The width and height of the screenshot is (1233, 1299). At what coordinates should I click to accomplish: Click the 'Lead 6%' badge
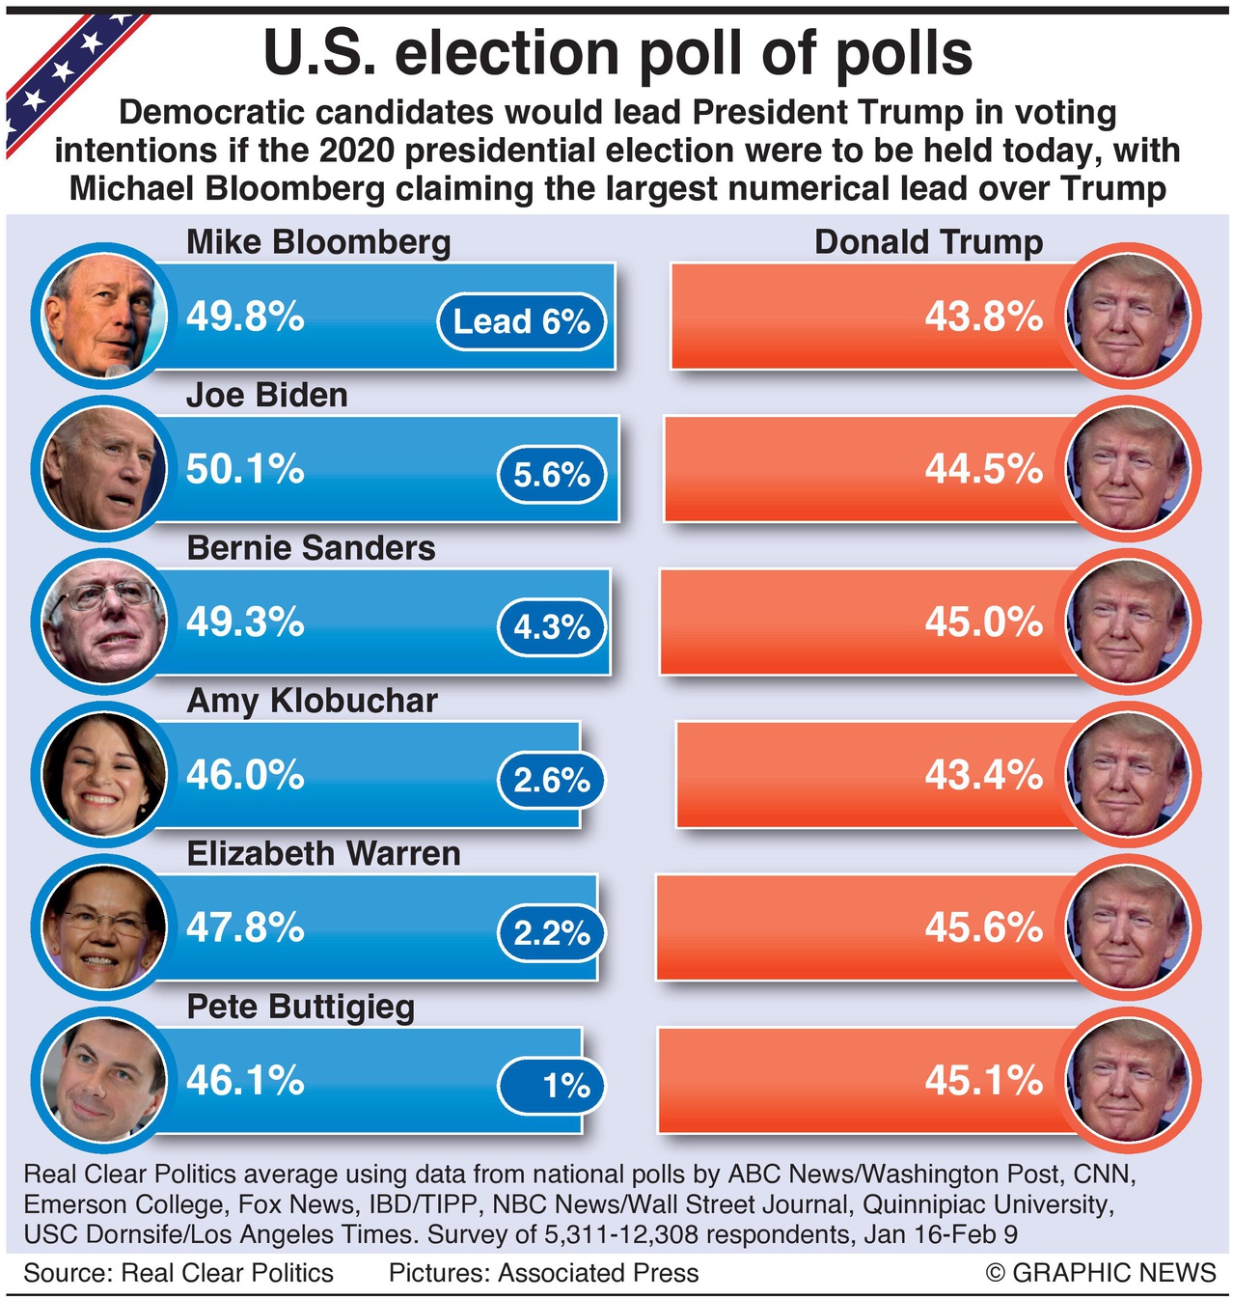[521, 321]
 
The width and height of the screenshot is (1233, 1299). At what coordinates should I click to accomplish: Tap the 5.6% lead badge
[551, 475]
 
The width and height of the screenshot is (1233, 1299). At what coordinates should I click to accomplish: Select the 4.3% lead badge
[551, 627]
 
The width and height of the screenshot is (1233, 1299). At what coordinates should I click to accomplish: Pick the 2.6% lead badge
[551, 780]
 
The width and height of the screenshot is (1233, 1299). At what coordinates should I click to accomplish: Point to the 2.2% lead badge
[551, 933]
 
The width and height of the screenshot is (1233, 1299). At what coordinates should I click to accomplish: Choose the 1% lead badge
[551, 1086]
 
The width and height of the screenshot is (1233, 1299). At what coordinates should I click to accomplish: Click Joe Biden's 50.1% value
[245, 470]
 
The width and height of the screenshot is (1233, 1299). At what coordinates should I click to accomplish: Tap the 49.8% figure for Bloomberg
[245, 317]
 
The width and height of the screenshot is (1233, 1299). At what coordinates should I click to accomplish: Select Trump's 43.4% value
[983, 775]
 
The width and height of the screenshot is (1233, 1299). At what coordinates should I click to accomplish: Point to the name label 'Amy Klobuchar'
[312, 701]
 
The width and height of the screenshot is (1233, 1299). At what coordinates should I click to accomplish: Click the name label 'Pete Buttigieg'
[300, 1007]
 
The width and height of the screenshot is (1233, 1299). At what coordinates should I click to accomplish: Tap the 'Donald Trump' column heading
[928, 242]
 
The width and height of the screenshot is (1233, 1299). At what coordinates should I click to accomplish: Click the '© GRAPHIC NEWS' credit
[1101, 1273]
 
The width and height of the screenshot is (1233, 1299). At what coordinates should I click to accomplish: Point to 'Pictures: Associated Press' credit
[543, 1273]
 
